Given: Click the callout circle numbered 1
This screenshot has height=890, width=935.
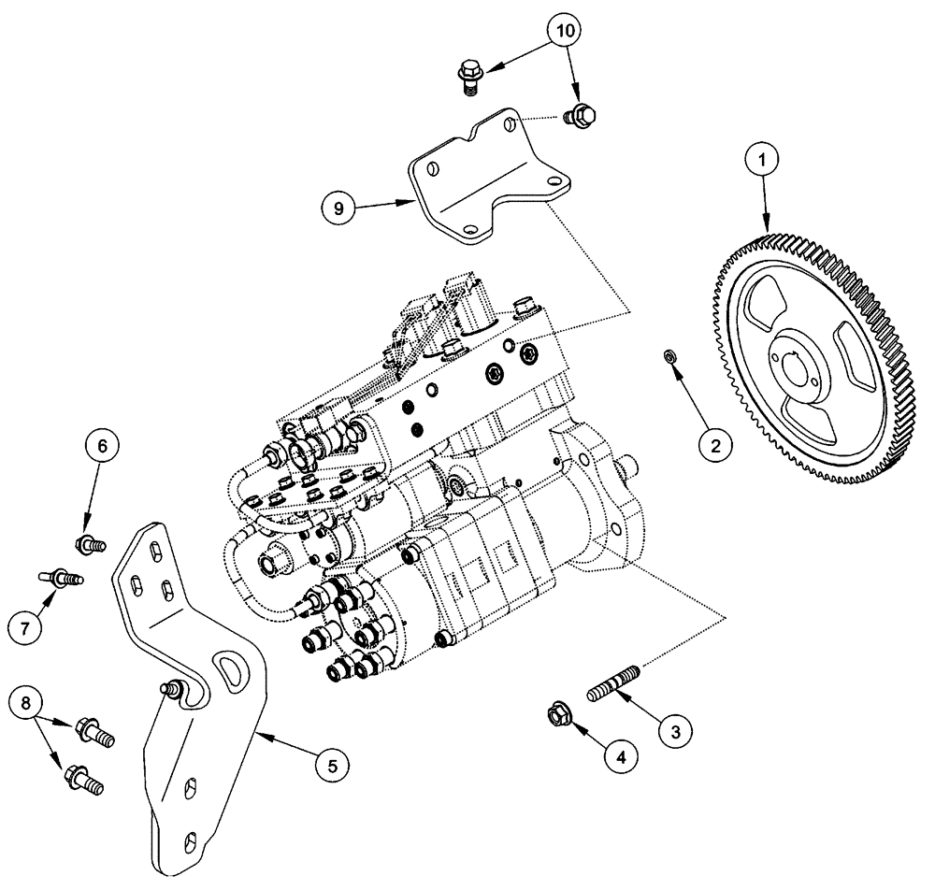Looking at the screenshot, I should tap(762, 160).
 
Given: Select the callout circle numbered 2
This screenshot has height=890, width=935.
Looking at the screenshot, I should tap(714, 446).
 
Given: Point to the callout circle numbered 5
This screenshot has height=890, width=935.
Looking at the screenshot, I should tap(330, 765).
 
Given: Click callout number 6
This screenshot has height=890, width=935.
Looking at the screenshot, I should tap(102, 446).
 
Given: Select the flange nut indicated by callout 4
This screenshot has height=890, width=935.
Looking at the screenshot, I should tap(564, 715).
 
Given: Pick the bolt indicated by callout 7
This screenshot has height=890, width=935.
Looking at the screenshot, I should tap(61, 577).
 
